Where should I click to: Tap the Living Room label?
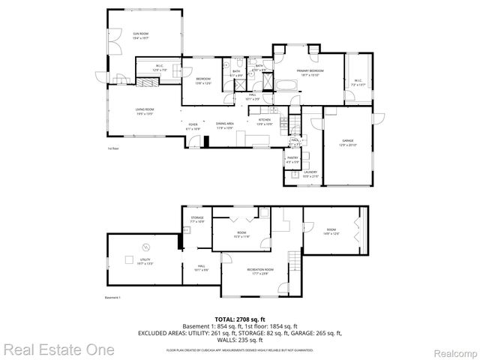145,112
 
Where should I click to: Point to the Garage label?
347,142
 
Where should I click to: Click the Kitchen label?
265,121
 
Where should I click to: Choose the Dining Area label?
225,125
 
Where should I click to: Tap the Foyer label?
193,126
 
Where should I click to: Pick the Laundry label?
310,174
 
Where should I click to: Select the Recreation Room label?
260,271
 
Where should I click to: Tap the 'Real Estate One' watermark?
58,349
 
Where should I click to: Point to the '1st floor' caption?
114,148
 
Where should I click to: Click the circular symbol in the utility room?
146,247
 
